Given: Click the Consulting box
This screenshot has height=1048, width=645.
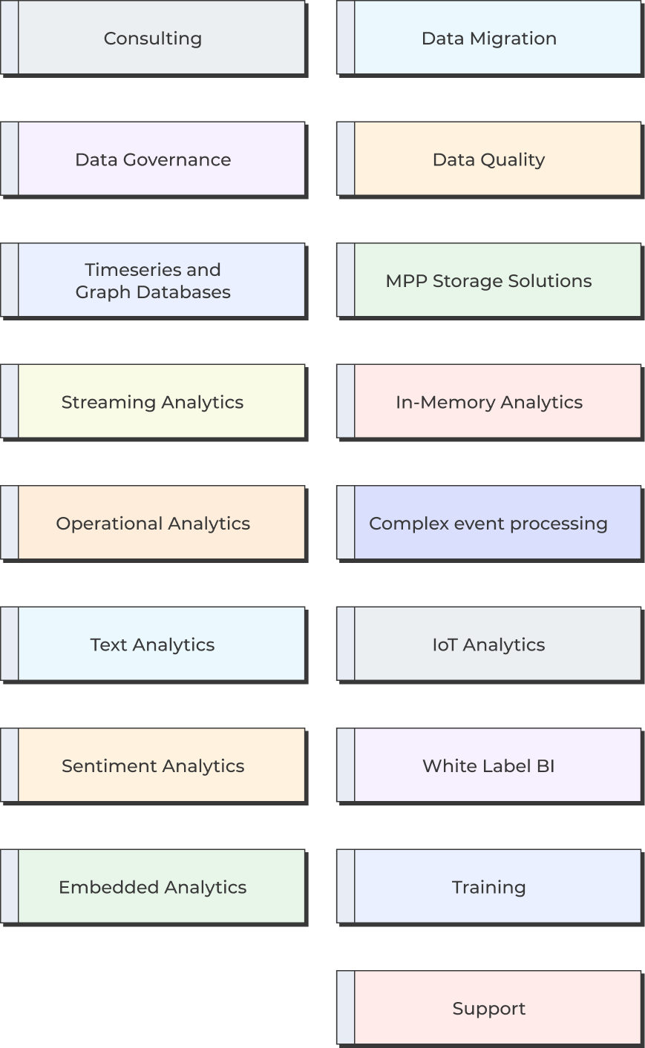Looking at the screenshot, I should pyautogui.click(x=153, y=38).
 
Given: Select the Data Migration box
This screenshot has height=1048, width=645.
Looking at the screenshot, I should pyautogui.click(x=488, y=38).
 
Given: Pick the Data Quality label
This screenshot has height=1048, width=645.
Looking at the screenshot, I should pyautogui.click(x=488, y=159).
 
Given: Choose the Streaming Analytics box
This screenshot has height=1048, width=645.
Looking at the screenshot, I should pyautogui.click(x=153, y=402).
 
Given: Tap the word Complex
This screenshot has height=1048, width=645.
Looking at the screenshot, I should pyautogui.click(x=399, y=524).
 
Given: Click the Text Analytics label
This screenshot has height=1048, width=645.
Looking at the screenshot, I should pyautogui.click(x=153, y=645).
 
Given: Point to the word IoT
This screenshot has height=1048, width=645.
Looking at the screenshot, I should pyautogui.click(x=445, y=645).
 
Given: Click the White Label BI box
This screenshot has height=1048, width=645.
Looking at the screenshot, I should pyautogui.click(x=488, y=766).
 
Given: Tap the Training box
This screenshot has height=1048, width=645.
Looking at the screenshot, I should pyautogui.click(x=488, y=887).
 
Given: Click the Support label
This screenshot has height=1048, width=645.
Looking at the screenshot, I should pyautogui.click(x=488, y=1009).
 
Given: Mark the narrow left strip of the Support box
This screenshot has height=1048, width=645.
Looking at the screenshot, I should pyautogui.click(x=346, y=1009).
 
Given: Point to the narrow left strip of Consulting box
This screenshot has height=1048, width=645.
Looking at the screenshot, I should pyautogui.click(x=10, y=38).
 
